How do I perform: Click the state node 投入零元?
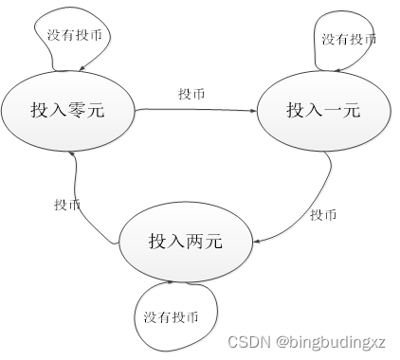point(66,111)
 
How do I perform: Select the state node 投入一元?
point(323,111)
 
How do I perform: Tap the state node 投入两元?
point(186,242)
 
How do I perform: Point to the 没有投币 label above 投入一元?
point(349,39)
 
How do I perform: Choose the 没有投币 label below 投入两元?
point(171,315)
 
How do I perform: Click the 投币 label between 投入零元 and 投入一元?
point(191,95)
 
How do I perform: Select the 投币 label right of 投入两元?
point(322,215)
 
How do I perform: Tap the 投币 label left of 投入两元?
point(66,205)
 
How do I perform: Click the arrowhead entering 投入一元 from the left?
point(253,111)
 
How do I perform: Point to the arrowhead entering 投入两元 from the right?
point(258,243)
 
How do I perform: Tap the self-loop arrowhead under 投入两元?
point(170,281)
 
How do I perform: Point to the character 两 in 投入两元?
point(194,242)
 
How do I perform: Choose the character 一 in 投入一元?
point(332,111)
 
